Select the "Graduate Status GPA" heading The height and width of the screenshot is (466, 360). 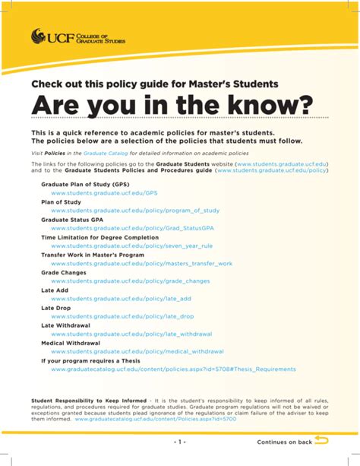click(x=72, y=219)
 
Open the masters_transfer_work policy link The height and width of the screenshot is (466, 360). click(x=141, y=263)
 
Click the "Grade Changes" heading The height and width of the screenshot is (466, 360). click(x=64, y=271)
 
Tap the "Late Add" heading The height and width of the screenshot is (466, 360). click(x=55, y=290)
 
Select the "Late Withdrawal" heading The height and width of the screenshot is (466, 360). click(x=65, y=325)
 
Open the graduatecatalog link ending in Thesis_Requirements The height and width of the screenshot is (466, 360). click(x=173, y=369)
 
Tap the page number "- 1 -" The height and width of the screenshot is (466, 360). click(x=179, y=442)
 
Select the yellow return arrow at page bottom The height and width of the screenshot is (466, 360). click(x=321, y=440)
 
